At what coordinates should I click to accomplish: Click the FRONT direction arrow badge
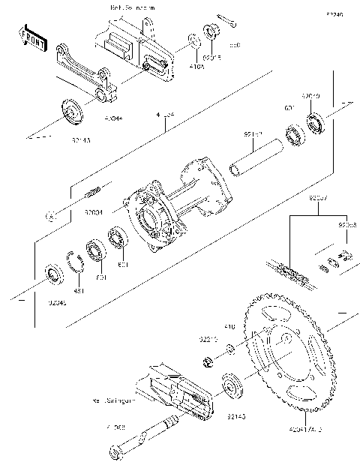[x=31, y=38]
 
